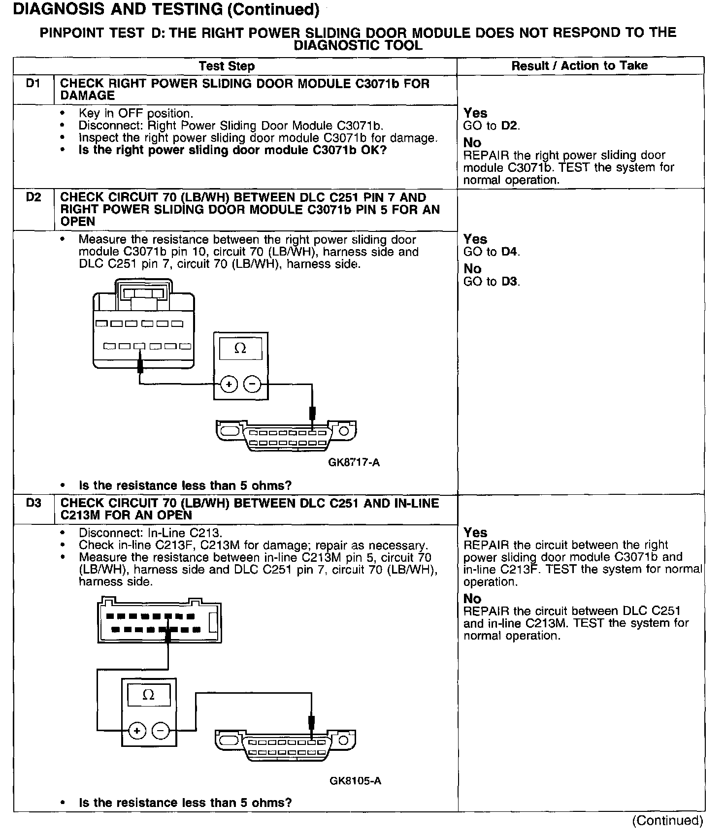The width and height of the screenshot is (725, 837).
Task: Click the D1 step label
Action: [33, 84]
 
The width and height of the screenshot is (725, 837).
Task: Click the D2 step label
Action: [33, 197]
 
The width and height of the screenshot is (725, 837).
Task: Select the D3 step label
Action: [33, 503]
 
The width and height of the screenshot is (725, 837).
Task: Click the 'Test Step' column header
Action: [227, 66]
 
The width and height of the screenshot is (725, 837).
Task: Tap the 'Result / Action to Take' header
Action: [579, 66]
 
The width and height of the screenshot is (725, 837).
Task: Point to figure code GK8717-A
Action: [354, 462]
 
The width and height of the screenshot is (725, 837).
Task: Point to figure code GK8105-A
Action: [355, 781]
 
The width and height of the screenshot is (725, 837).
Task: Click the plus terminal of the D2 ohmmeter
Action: [229, 384]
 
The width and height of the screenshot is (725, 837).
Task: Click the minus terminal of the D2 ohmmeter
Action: [252, 384]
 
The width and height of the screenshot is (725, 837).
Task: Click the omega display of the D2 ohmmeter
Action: [240, 349]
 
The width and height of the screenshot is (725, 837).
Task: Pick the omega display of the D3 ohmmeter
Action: [148, 695]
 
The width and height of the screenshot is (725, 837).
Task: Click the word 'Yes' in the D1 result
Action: [475, 113]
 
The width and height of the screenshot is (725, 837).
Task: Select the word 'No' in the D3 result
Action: [472, 598]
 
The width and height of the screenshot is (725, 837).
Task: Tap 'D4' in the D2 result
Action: [510, 252]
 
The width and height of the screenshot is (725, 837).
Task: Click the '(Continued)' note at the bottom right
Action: [667, 821]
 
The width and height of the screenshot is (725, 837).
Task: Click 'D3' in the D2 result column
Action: [510, 282]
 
